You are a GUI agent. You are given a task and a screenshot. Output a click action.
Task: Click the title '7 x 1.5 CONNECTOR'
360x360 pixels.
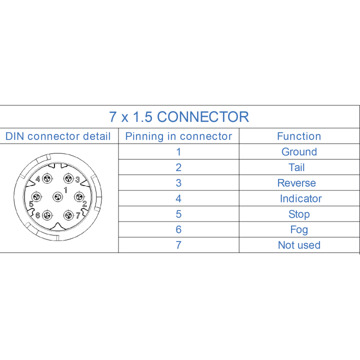pos(179,117)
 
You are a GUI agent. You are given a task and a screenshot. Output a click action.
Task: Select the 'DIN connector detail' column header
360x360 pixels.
pos(58,136)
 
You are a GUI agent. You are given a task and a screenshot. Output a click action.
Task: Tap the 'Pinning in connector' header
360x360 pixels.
pos(178,136)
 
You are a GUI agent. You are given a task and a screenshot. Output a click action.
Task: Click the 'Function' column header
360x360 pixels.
pos(299,136)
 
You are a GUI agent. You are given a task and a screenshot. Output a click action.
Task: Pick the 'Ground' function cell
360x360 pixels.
pos(299,152)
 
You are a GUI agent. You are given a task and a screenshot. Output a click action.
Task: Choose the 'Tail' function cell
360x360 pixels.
pos(296,167)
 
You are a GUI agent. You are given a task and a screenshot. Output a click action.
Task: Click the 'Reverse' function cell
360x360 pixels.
pos(296,183)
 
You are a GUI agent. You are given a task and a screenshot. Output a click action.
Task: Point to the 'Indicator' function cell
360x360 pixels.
pos(301,198)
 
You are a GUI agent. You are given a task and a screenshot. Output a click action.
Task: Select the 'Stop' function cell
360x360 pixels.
pos(299,214)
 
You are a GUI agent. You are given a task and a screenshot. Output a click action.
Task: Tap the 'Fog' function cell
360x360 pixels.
pos(299,230)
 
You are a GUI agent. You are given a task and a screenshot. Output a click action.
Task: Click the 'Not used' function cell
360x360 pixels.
pos(299,245)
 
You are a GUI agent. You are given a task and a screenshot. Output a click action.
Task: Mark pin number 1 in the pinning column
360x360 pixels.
pos(178,152)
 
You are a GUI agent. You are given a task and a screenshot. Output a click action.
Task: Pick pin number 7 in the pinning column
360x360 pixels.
pos(178,245)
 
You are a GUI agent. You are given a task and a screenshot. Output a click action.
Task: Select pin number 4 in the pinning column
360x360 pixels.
pos(178,198)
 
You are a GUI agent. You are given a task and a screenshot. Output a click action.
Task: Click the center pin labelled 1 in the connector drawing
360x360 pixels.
pos(57,197)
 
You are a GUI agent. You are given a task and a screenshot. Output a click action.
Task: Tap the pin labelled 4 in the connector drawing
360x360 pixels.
pos(47,178)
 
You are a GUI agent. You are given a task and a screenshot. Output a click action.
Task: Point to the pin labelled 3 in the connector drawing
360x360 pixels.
pos(68,178)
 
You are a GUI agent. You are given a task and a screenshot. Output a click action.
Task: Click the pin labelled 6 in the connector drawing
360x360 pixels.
pos(47,215)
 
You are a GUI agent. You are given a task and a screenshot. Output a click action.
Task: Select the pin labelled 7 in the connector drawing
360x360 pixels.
pos(68,215)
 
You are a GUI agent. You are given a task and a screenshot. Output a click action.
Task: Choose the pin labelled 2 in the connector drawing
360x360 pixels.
pos(79,197)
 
